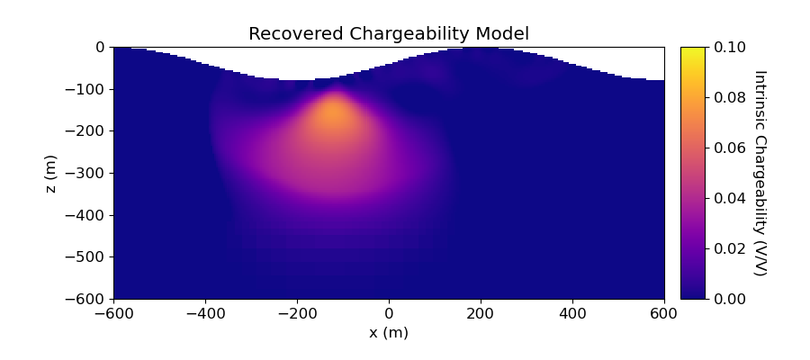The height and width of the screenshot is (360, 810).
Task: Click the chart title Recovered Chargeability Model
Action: pyautogui.click(x=389, y=34)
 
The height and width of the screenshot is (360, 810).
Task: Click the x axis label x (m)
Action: pyautogui.click(x=389, y=332)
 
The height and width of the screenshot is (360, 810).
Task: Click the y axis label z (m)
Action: pyautogui.click(x=51, y=173)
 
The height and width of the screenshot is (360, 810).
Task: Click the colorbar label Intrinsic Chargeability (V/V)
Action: pyautogui.click(x=759, y=173)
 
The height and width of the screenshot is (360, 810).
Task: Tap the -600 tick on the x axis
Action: pyautogui.click(x=113, y=313)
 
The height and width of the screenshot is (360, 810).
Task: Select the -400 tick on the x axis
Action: pyautogui.click(x=205, y=313)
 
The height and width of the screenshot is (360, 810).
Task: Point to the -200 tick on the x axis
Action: pyautogui.click(x=297, y=313)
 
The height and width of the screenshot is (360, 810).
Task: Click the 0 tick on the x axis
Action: pyautogui.click(x=389, y=313)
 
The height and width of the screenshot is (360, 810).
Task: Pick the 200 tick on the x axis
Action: pyautogui.click(x=481, y=313)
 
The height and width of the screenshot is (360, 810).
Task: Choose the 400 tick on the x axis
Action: pyautogui.click(x=572, y=313)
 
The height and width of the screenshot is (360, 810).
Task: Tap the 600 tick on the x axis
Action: pyautogui.click(x=664, y=313)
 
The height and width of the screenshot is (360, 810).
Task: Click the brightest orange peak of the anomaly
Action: pyautogui.click(x=334, y=114)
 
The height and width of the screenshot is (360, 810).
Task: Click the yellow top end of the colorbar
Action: pyautogui.click(x=692, y=50)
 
